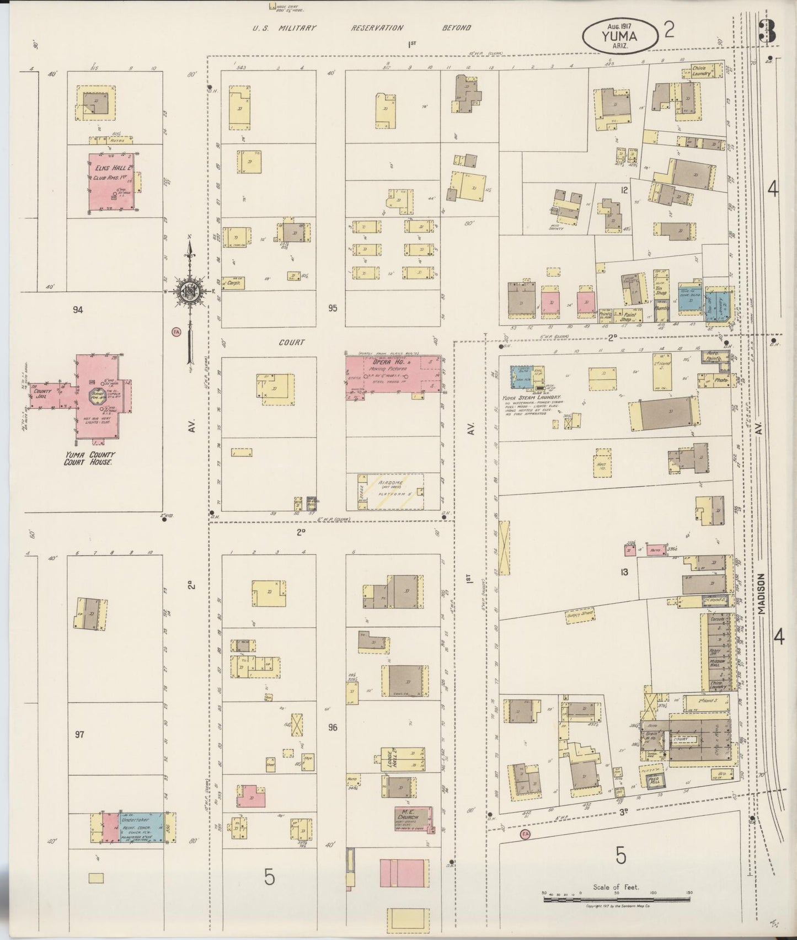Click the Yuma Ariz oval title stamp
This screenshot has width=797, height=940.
pyautogui.click(x=620, y=34)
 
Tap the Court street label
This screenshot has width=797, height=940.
pyautogui.click(x=291, y=343)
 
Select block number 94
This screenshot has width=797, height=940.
pyautogui.click(x=78, y=311)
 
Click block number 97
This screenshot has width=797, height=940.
pyautogui.click(x=79, y=735)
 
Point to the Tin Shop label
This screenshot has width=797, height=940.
pyautogui.click(x=660, y=291)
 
